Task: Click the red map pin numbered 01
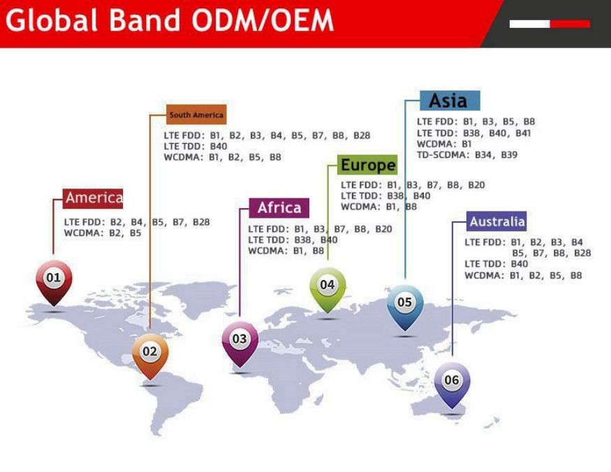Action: click(53, 279)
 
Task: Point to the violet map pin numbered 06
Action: click(452, 381)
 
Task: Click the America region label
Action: click(94, 198)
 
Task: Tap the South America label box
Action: click(196, 115)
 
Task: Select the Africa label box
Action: click(279, 208)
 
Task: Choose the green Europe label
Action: click(367, 165)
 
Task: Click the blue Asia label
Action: click(448, 101)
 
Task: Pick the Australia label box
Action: click(496, 222)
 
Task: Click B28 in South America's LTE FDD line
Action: click(361, 135)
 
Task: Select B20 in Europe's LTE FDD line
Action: click(476, 185)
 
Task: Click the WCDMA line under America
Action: click(103, 233)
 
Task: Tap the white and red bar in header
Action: click(549, 24)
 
